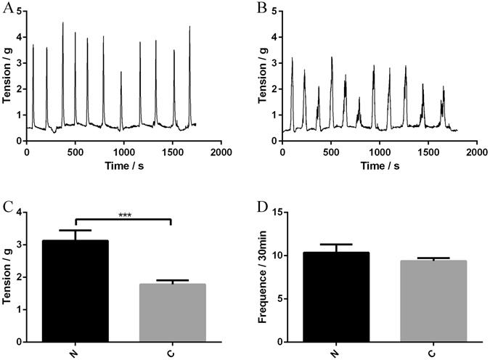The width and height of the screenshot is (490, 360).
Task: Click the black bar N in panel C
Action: [75, 290]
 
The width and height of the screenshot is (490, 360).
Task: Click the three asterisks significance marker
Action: [123, 216]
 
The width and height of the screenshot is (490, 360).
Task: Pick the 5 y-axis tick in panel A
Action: [20, 11]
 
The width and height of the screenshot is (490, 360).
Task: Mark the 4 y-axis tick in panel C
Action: [20, 213]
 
